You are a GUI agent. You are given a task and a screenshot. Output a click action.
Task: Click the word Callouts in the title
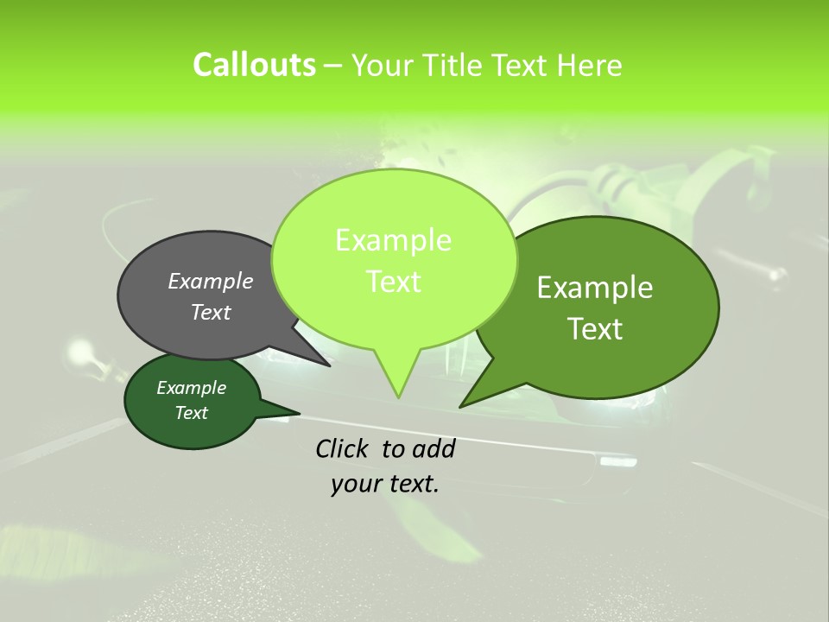click(254, 65)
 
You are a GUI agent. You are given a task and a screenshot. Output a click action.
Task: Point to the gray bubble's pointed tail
click(324, 362)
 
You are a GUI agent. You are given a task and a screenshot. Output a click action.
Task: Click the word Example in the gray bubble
click(211, 282)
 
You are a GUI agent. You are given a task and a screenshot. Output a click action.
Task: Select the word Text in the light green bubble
click(394, 282)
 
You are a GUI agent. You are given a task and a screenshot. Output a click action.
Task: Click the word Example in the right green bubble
click(595, 288)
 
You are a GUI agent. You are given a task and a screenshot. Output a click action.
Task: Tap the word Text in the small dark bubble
click(191, 413)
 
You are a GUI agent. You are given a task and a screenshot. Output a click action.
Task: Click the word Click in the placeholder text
click(344, 448)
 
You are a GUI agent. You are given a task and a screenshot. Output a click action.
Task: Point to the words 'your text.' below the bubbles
click(385, 484)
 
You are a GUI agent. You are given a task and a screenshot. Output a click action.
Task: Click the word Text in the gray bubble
click(211, 313)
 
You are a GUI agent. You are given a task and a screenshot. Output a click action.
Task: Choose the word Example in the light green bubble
click(394, 240)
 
